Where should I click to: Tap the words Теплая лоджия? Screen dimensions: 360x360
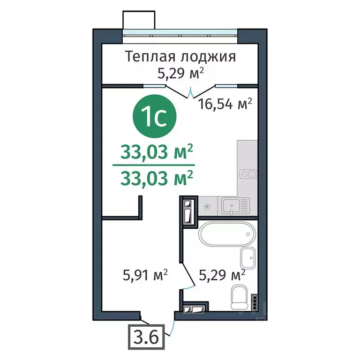coord(180,57)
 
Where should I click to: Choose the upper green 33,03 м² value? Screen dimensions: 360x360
coord(157,151)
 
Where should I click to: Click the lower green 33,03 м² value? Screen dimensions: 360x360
coord(157,178)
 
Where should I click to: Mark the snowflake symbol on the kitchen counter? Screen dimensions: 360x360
coord(206,205)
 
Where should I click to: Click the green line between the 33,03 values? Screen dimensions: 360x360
coord(153,165)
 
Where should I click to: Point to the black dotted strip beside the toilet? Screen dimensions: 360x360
coord(254,303)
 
